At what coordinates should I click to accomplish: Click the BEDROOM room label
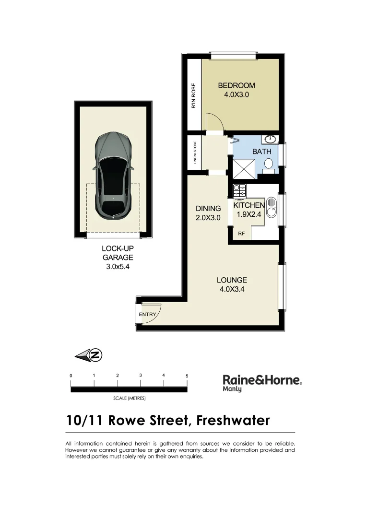point(236,86)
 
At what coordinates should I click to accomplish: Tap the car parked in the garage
point(113,175)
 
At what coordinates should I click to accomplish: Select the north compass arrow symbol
point(89,355)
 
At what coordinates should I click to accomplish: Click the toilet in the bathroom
point(269,165)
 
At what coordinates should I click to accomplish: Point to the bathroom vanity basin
point(269,140)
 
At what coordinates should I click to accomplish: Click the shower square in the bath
point(244,168)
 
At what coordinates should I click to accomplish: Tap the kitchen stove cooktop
point(239,191)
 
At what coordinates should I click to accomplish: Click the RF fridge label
point(242,234)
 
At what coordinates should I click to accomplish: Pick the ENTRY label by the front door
point(147,315)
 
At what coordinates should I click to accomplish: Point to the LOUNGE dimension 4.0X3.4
point(232,289)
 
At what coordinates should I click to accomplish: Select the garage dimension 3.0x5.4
point(117,267)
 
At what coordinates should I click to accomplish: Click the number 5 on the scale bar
point(187,376)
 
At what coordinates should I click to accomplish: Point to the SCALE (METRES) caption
point(129,399)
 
